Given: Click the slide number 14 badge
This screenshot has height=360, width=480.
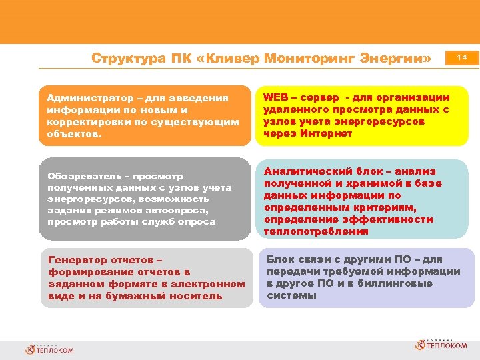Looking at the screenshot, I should [462, 59].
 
